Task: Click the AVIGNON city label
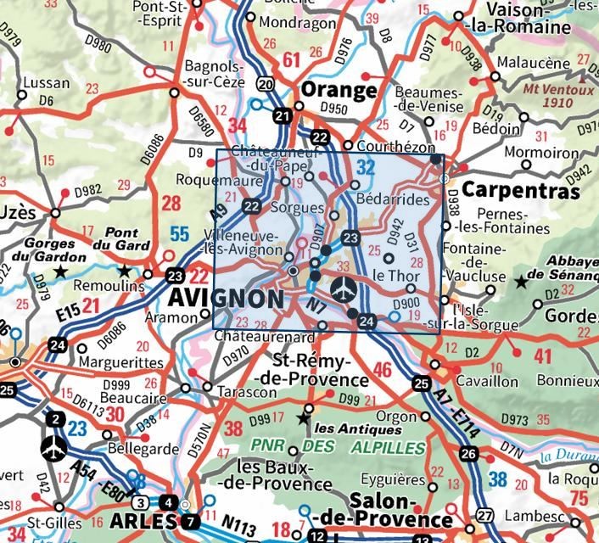(227, 299)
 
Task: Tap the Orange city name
(339, 91)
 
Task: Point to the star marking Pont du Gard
(125, 271)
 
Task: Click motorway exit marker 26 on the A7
(468, 454)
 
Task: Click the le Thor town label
(392, 275)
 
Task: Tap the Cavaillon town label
(486, 381)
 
